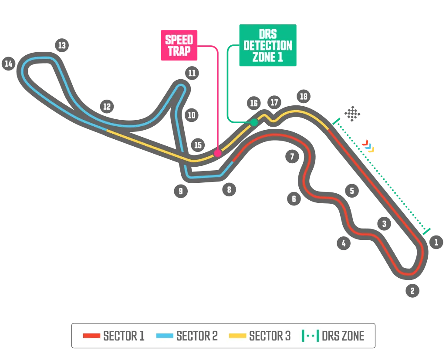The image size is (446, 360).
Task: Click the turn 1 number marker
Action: pos(436,242)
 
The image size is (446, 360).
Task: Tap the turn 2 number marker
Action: pos(412,290)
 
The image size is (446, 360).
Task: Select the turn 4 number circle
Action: pos(344,243)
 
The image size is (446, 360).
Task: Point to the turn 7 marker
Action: pos(292,156)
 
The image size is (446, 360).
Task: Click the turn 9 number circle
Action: pos(180,191)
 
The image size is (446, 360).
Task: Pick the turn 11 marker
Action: pos(192,73)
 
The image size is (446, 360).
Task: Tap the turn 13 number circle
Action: pos(62,45)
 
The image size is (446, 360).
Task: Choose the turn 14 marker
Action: pos(8,64)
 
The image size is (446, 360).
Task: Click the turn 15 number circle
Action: pos(198,145)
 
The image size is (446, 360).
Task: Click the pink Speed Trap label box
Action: pos(179,45)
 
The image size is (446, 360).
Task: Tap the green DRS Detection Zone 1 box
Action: pos(267,46)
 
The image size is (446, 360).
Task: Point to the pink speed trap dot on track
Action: pos(217,153)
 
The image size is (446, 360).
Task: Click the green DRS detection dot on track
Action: pos(253,123)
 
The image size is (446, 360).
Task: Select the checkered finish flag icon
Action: pos(353,114)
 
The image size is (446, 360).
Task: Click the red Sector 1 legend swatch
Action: pos(91,336)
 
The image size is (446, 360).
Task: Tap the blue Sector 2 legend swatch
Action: pos(165,336)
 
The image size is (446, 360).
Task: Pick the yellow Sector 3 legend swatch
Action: pos(238,336)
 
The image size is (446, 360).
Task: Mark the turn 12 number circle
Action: pos(107,106)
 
